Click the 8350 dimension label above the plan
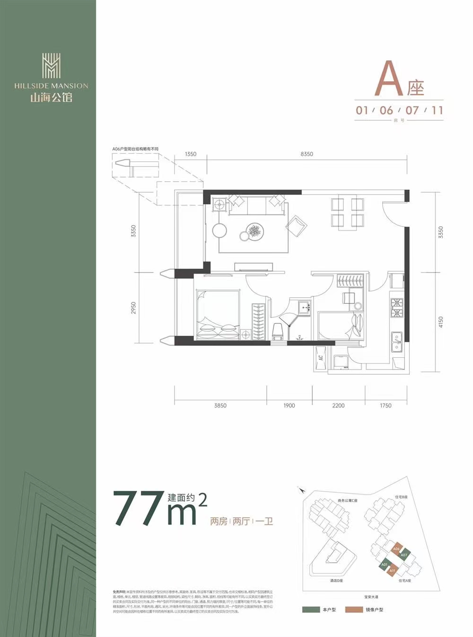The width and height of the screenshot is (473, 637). point(307,154)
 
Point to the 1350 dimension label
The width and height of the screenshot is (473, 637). point(191,154)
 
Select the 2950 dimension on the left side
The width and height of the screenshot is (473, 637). point(134,309)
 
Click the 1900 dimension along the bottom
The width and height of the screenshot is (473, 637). point(289,406)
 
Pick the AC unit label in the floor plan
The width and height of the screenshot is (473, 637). point(321,358)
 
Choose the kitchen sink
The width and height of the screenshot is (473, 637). point(396,343)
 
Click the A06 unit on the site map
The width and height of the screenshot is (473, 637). point(396,549)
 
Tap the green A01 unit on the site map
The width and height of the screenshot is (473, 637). point(385,565)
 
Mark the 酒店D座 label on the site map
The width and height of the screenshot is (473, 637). point(337,580)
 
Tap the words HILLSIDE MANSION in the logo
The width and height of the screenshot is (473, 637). point(51,86)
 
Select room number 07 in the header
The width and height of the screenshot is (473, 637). point(412,110)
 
